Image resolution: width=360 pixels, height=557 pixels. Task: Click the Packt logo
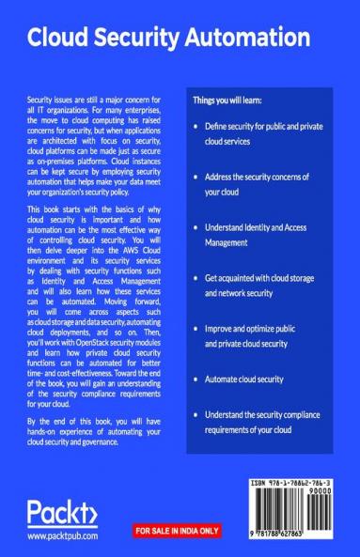61,515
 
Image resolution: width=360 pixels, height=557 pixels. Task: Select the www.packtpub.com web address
65,537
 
